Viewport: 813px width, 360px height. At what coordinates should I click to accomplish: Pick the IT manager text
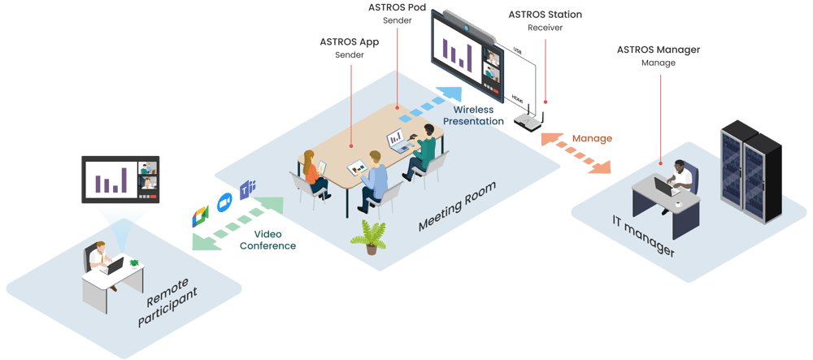642,236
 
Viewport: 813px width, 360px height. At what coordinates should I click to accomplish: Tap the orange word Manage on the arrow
591,139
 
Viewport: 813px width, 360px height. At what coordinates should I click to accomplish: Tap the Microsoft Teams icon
246,189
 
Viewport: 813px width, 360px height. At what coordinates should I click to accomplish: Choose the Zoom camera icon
224,202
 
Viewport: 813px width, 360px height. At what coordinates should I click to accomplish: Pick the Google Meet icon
201,215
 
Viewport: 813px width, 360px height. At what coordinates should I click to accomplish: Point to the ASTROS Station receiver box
526,122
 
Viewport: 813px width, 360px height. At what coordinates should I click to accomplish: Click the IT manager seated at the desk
681,180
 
